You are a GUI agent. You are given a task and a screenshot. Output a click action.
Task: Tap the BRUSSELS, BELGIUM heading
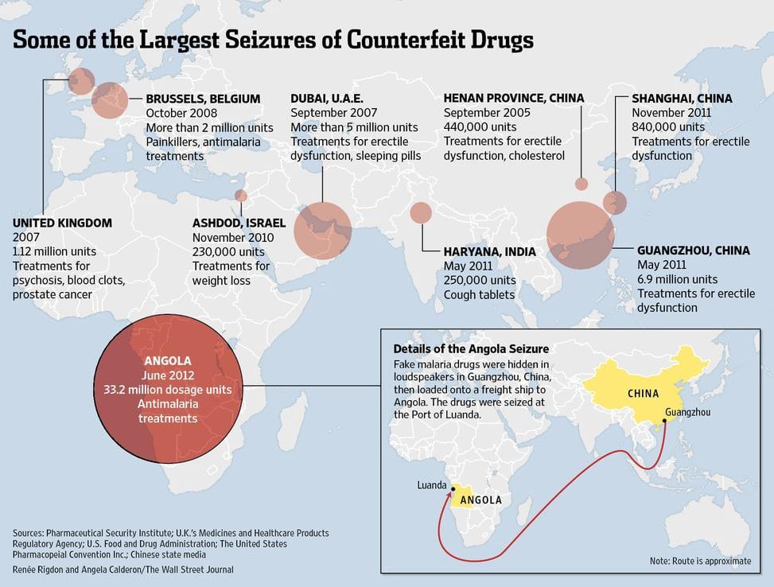pos(203,99)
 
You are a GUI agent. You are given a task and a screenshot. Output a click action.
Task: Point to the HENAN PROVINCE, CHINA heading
pos(514,98)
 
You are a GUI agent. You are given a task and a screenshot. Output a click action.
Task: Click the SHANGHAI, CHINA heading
pos(682,99)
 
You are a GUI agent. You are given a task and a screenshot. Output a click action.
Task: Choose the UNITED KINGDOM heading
pos(62,223)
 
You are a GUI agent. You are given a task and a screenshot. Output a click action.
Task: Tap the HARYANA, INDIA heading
pos(490,251)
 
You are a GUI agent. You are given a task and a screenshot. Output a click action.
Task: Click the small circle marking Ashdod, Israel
pos(241,196)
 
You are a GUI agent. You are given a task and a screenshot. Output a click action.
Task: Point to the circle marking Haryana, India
pos(421,212)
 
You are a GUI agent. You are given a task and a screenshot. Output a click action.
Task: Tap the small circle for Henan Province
pos(581,185)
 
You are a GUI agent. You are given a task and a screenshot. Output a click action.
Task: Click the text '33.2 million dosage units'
pos(168,390)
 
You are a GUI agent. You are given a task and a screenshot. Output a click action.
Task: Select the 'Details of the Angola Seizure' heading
pos(471,349)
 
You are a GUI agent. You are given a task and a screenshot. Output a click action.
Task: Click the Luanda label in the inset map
pos(431,485)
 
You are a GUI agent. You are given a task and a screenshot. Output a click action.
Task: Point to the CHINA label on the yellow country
pos(643,394)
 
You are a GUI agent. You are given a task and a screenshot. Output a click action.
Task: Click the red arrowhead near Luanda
pos(450,492)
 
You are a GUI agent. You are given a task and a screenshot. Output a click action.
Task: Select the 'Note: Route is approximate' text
pos(700,561)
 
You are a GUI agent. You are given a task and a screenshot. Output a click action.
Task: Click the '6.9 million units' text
pos(677,279)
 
